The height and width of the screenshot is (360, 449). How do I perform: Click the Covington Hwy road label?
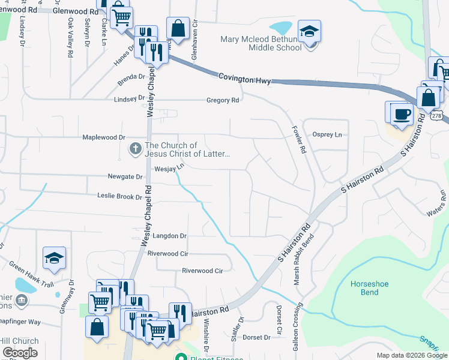point(244,78)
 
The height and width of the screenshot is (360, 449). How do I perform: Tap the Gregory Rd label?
point(223,100)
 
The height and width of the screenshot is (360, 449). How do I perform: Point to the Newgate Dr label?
point(125,177)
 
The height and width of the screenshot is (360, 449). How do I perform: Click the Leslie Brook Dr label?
point(119,196)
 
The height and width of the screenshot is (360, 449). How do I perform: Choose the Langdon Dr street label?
point(170,236)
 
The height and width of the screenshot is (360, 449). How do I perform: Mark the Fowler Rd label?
point(299,140)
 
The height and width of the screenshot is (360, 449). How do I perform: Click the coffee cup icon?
point(402,113)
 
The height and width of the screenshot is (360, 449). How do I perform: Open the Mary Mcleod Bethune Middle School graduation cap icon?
point(310,31)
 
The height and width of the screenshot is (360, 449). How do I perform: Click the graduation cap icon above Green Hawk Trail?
point(54,258)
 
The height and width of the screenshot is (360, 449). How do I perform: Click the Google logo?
point(20,353)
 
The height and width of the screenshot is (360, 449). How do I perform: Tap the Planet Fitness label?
point(207,358)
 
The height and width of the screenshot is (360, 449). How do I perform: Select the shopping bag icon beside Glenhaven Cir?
point(178,28)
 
